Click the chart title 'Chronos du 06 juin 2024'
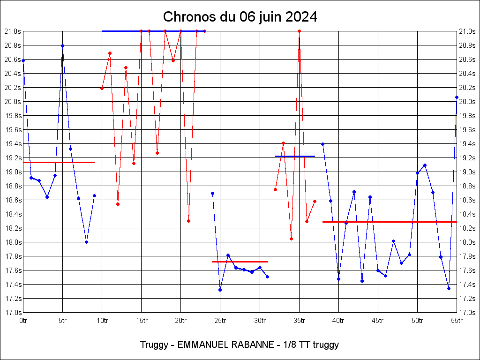[x=240, y=17]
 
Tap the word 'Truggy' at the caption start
[x=153, y=345]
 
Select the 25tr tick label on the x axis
[x=220, y=321]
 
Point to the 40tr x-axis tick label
[x=338, y=321]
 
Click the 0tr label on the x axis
[x=23, y=321]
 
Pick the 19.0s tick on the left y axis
[x=14, y=172]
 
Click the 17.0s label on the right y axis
[x=467, y=313]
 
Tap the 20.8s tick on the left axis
[x=14, y=45]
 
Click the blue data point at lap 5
[x=62, y=45]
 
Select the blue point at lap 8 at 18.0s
[x=86, y=242]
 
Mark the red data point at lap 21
[x=188, y=221]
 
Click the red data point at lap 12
[x=118, y=204]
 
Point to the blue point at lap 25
[x=220, y=290]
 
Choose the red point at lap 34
[x=291, y=239]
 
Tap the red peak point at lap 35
[x=299, y=31]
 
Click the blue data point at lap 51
[x=425, y=165]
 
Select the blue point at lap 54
[x=449, y=288]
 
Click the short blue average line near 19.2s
[x=295, y=156]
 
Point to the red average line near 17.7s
[x=240, y=262]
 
